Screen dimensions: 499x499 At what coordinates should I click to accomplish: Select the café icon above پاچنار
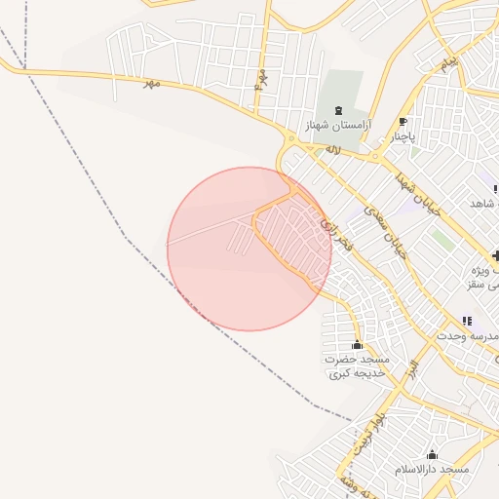pyautogui.click(x=403, y=122)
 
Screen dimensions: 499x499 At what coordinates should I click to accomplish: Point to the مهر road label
pyautogui.click(x=150, y=84)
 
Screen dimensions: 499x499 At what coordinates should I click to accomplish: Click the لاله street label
pyautogui.click(x=333, y=149)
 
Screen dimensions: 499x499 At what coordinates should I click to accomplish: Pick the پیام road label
pyautogui.click(x=447, y=65)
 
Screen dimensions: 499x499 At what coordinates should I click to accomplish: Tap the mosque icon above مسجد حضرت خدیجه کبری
pyautogui.click(x=357, y=345)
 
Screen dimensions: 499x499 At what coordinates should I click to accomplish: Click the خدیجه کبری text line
pyautogui.click(x=351, y=373)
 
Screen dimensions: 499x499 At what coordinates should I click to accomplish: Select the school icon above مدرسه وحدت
pyautogui.click(x=467, y=321)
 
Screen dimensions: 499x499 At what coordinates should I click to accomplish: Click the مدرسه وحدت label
pyautogui.click(x=472, y=336)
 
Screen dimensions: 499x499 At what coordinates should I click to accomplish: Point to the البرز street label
pyautogui.click(x=413, y=369)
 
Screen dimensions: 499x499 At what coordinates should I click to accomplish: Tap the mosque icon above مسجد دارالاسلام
pyautogui.click(x=432, y=454)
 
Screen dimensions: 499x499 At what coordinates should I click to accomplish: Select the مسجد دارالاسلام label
pyautogui.click(x=432, y=470)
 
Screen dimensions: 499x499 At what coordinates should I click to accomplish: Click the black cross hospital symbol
pyautogui.click(x=496, y=255)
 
